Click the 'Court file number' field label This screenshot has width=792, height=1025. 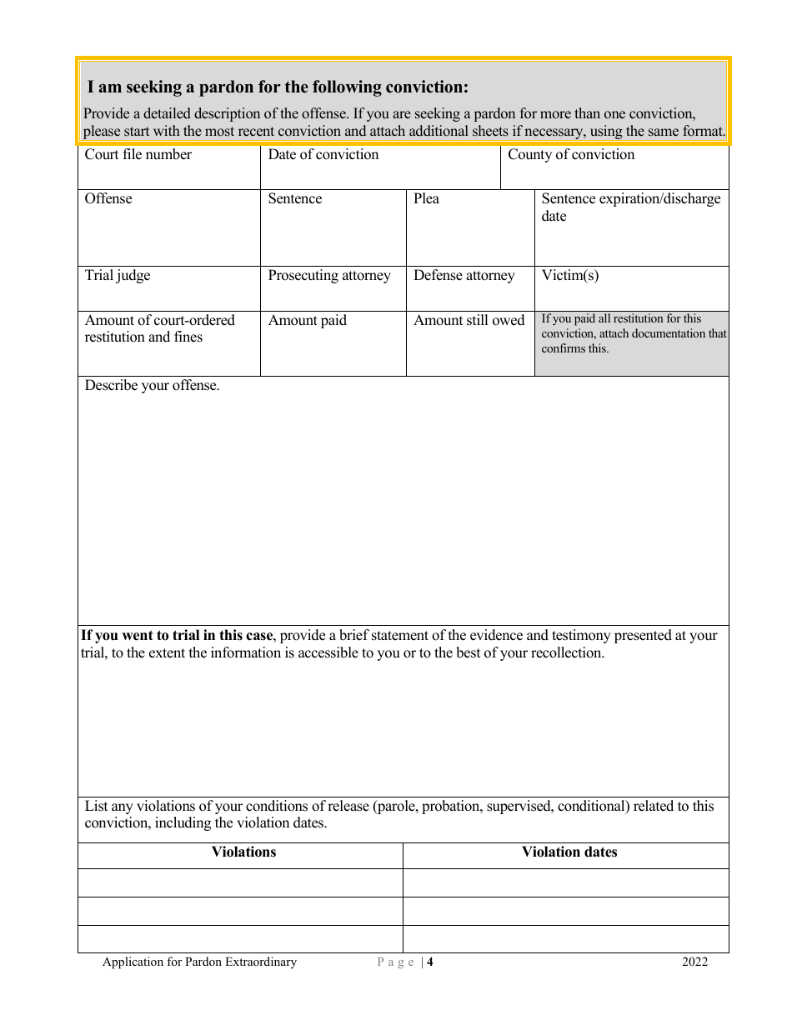coord(138,155)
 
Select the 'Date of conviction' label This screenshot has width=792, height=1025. coord(323,155)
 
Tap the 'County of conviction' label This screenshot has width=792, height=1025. coord(571,155)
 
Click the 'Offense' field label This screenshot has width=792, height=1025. coord(108,199)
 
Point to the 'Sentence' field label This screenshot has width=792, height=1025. coord(294,199)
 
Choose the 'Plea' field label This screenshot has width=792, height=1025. coord(426,199)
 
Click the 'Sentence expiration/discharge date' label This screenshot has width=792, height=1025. coord(630,207)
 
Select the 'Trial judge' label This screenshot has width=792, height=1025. coord(118,276)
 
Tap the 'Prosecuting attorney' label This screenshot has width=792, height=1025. coord(329,276)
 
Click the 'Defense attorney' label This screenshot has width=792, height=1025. coord(464,276)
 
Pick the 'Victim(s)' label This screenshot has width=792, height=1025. coord(570,276)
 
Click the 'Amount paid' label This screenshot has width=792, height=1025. coord(307,321)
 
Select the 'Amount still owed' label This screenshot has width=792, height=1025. coord(469,321)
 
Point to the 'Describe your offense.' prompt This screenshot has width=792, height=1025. coord(153,386)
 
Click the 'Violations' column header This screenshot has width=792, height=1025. coord(243,852)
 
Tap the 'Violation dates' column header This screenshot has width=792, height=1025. coord(569,852)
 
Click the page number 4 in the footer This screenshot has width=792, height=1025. coord(430,962)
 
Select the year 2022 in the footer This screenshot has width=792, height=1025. coord(694,962)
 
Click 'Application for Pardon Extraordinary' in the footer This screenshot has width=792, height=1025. coord(199,962)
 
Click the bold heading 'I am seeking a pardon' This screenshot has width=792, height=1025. coord(278,87)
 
